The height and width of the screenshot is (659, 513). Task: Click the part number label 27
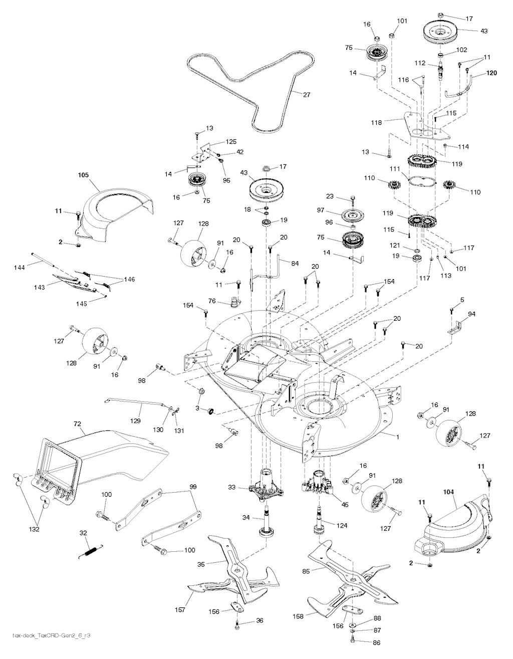coord(307,95)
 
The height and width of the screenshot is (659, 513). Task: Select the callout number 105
coord(83,175)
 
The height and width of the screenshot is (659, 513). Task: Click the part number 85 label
coord(306,571)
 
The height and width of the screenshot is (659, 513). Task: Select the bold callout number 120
coord(491,73)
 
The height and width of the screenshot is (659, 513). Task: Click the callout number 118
coord(376,122)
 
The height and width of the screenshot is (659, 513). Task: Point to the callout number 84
coord(295,264)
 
